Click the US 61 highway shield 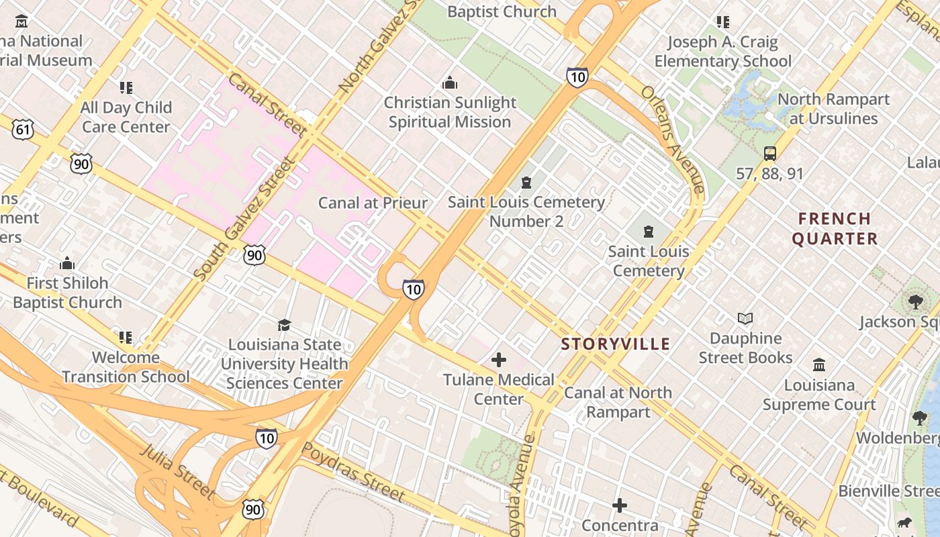[23, 129]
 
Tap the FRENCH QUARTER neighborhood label [835, 229]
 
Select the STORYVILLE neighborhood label [616, 344]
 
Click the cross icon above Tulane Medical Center [499, 360]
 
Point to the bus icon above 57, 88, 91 [770, 154]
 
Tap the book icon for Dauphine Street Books [745, 319]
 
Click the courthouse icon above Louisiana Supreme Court [819, 365]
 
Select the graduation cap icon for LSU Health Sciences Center [285, 325]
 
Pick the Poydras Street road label [353, 473]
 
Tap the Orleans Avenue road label [672, 139]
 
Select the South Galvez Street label [244, 218]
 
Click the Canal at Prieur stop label [373, 203]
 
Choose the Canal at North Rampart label [618, 402]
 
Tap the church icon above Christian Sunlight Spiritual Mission [450, 83]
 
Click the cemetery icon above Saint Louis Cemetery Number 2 [526, 183]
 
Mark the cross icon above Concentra [620, 505]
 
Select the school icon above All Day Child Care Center [126, 88]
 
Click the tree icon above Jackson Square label [916, 302]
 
